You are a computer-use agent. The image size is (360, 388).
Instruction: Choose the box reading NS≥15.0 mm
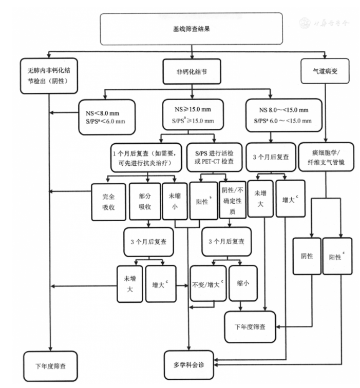coord(193,115)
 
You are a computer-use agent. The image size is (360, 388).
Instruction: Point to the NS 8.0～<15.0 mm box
coord(283,115)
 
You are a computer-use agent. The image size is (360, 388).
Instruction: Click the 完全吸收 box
coord(107,201)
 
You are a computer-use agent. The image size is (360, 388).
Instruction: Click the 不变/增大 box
coord(207,283)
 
